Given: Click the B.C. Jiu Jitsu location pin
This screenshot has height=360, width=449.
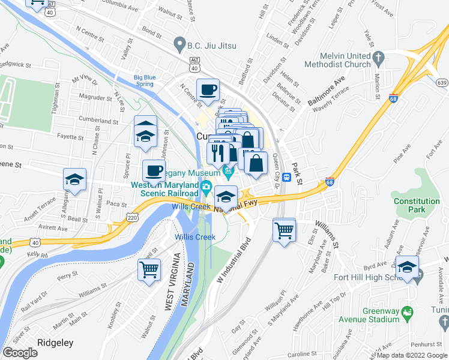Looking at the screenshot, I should pyautogui.click(x=178, y=45).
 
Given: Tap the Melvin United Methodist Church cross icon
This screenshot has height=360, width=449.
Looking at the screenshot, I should pyautogui.click(x=378, y=57).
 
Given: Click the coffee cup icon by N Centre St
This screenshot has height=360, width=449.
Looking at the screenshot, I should pyautogui.click(x=208, y=89).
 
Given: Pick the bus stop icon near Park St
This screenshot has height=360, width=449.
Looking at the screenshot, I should pyautogui.click(x=287, y=178).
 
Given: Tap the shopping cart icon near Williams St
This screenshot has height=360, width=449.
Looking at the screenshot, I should pyautogui.click(x=284, y=229).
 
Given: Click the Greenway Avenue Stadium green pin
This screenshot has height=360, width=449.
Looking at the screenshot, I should pyautogui.click(x=408, y=312).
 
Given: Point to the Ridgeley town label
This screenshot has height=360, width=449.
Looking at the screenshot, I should pyautogui.click(x=55, y=343).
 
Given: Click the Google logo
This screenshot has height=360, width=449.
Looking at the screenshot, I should pyautogui.click(x=20, y=353).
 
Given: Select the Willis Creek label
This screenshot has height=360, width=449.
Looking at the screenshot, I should pyautogui.click(x=195, y=237).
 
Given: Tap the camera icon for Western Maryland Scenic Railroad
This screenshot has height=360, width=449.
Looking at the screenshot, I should pyautogui.click(x=206, y=186).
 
